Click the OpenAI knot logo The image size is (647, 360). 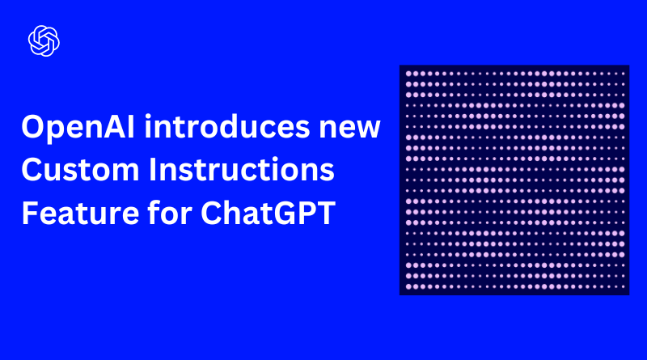pos(44,41)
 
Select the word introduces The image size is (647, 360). pos(227,126)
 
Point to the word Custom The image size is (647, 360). pos(80,170)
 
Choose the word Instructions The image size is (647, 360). pos(241,169)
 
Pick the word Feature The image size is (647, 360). pos(80,213)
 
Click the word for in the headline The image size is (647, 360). pos(170,212)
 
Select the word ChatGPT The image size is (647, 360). pos(269,213)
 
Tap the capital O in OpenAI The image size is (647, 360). pos(34,127)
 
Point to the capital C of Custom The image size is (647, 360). pos(32,170)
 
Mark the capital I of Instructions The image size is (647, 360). pos(152,170)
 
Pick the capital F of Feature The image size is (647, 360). pos(30,213)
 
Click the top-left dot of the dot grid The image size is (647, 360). pos(409,74)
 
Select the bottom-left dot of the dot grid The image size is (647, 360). pos(409,286)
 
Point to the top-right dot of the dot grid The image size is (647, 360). pos(623,74)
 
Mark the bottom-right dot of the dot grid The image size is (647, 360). pos(623,286)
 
